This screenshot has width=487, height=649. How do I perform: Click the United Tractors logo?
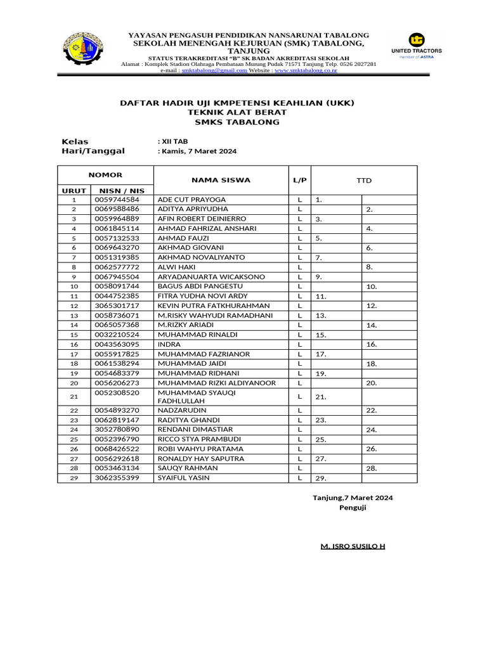(417, 45)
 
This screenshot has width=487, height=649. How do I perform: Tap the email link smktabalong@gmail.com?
(214, 71)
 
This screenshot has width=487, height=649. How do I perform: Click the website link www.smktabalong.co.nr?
(306, 71)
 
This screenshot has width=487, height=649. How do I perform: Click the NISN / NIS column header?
(122, 190)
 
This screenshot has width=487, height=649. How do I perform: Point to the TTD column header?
(363, 181)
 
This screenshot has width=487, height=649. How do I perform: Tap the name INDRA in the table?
(169, 344)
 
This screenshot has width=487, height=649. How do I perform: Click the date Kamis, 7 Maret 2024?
(197, 151)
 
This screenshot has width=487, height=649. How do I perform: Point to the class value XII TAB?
(173, 141)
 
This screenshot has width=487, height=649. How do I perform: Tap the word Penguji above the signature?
(353, 508)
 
